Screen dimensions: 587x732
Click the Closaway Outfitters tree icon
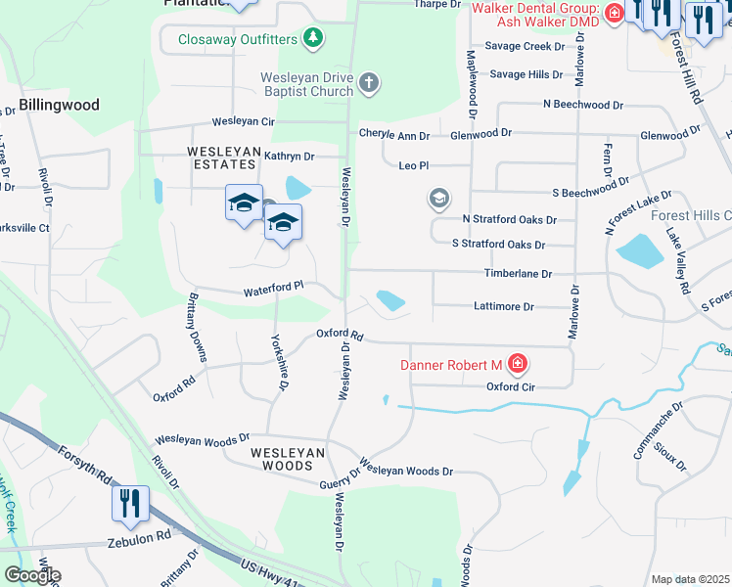coord(313,39)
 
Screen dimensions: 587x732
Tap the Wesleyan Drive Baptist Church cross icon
coord(368,82)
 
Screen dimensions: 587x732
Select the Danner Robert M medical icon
coord(518,366)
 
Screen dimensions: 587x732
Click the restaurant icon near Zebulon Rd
coord(129,504)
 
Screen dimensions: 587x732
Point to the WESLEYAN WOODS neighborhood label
coord(287,460)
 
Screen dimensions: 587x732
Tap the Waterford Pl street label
coord(274,287)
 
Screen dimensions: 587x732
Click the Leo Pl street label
coord(414,166)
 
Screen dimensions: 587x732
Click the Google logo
coord(31,575)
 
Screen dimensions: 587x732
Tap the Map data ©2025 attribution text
coord(690,579)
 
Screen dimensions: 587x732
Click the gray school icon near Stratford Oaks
coord(439,200)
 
